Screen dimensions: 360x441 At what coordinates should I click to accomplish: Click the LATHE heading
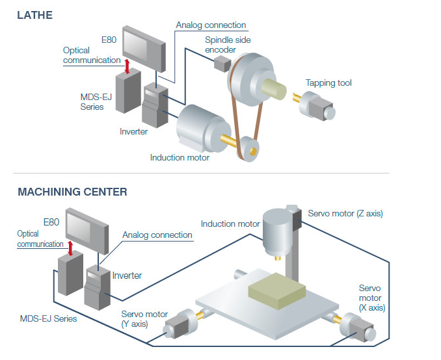pos(34,15)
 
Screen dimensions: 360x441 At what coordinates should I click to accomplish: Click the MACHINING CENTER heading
pos(72,192)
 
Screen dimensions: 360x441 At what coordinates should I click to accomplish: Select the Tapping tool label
pos(328,83)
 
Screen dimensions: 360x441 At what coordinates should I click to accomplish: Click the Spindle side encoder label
pos(228,45)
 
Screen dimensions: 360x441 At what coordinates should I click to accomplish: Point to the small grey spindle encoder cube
pos(222,63)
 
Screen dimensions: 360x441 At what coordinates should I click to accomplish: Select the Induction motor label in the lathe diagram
pos(180,157)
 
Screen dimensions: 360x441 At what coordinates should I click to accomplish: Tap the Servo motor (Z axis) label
pos(345,214)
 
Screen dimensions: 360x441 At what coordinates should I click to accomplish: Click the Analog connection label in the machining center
pos(157,235)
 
